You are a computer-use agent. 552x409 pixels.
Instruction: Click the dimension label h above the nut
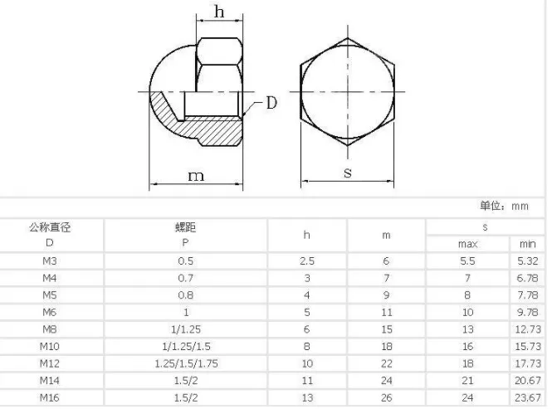point(219,11)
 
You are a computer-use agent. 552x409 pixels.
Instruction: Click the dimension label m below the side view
point(195,175)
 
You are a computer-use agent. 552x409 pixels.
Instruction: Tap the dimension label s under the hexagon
point(348,173)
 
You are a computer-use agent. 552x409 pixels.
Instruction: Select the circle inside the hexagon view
point(348,90)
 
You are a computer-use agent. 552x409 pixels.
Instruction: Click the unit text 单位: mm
point(504,207)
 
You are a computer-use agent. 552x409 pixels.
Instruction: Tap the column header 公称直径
point(50,226)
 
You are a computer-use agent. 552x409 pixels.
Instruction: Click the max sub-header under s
point(467,244)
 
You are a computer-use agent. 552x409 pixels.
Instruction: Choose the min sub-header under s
point(527,244)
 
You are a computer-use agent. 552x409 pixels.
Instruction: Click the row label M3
point(50,260)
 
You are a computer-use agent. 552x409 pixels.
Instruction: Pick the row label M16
point(50,397)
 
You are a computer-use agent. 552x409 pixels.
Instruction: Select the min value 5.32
point(527,260)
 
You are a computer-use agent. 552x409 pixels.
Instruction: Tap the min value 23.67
point(527,397)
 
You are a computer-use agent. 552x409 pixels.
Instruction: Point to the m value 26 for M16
point(386,397)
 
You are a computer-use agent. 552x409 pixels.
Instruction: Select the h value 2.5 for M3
point(307,260)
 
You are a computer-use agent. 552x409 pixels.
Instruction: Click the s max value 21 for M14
point(467,381)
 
